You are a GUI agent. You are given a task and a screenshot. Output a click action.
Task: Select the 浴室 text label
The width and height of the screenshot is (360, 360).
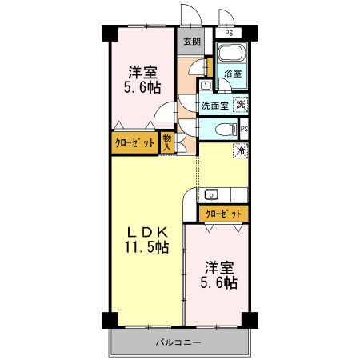click(233, 74)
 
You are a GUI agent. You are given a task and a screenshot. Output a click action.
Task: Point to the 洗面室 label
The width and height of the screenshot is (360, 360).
click(214, 105)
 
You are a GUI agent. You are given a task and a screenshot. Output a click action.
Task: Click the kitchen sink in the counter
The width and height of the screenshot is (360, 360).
click(211, 194)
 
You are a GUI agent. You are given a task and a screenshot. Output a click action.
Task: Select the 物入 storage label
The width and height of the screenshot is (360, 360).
click(167, 142)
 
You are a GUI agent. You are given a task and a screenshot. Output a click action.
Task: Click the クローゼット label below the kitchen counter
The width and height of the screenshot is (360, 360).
click(223, 214)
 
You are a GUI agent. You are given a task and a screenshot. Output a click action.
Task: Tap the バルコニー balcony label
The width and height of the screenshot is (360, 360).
click(178, 342)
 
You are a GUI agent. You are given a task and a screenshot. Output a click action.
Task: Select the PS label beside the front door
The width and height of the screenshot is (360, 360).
click(229, 34)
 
